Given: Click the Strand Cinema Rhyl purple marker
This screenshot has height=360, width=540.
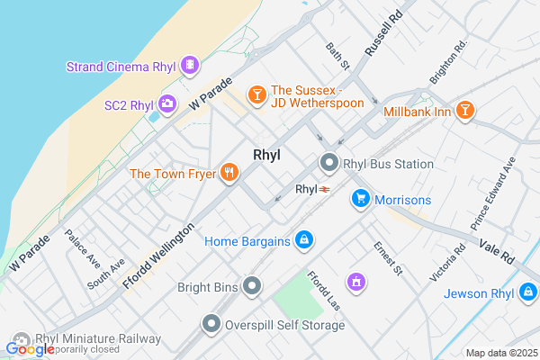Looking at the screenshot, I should click(189, 65).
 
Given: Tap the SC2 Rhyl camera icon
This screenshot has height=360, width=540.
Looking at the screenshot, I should click(167, 104).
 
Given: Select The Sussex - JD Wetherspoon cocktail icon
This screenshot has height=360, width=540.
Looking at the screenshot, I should click(256, 94).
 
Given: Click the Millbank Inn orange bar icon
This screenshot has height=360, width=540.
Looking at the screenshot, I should click(464, 110).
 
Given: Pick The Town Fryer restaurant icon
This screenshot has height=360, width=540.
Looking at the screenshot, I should click(229, 172).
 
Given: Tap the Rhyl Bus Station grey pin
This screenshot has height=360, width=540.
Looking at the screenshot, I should click(329, 164).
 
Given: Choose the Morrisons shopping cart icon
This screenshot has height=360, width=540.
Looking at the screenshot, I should click(361, 199).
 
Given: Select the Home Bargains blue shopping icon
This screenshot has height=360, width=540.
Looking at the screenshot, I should click(304, 240).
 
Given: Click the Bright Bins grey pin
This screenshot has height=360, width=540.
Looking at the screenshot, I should click(253, 287).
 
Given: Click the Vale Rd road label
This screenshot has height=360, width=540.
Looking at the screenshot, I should click(497, 252).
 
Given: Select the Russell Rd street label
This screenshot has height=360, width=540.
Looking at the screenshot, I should click(381, 35).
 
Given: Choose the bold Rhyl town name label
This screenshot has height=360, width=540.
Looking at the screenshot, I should click(266, 155).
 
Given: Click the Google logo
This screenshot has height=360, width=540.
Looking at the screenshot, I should click(30, 349).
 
